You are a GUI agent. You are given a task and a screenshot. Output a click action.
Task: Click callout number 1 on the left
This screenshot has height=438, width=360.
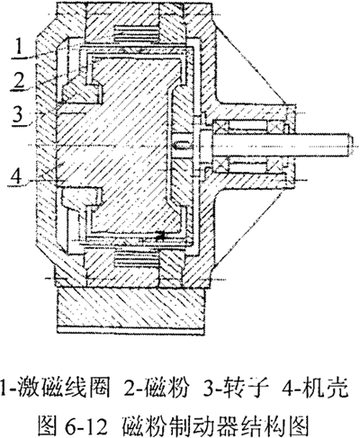pyautogui.click(x=19, y=48)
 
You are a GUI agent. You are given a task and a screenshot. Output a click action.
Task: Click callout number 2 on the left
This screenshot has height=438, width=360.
pyautogui.click(x=20, y=79)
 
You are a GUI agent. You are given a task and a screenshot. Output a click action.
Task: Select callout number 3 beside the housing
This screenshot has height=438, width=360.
pyautogui.click(x=19, y=113)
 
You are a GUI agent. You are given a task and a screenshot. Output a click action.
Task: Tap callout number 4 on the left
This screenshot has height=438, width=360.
pyautogui.click(x=17, y=174)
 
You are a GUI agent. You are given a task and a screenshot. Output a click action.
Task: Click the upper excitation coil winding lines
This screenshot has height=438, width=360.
pyautogui.click(x=136, y=33)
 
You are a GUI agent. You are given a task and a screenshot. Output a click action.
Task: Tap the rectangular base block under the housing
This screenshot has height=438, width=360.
pyautogui.click(x=131, y=308)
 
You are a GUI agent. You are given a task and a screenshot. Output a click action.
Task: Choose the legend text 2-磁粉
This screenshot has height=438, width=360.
pyautogui.click(x=157, y=389)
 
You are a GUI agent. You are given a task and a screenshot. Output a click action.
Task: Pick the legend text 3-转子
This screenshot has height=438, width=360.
pyautogui.click(x=236, y=389)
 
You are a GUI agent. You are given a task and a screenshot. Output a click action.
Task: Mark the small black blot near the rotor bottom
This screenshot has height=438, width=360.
pyautogui.click(x=161, y=236)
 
